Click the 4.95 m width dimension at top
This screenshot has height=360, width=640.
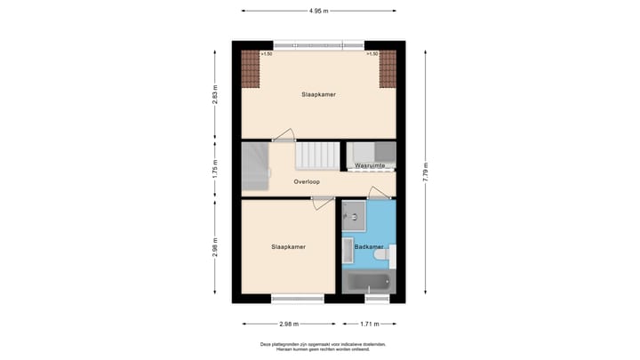[318, 12]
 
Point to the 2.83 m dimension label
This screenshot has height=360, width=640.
[214, 93]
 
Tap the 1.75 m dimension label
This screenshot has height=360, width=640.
[214, 169]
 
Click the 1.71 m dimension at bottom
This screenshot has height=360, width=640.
[371, 324]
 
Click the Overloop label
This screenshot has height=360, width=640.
[307, 181]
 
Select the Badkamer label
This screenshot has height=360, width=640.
[369, 246]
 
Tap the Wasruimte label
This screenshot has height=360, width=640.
[370, 165]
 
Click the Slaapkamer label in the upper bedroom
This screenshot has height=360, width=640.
[318, 93]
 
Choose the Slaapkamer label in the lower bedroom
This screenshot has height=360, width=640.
[288, 246]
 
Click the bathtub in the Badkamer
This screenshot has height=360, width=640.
[367, 284]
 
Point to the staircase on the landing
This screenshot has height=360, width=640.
[316, 156]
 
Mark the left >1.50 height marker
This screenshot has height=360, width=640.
[266, 54]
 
